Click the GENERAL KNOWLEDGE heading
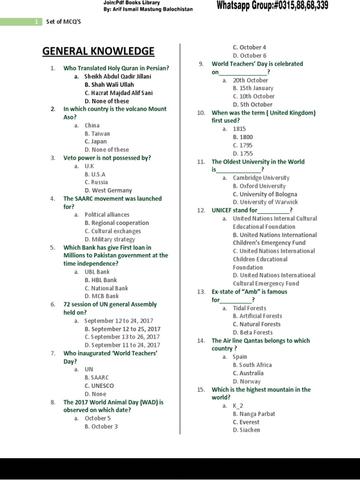(x=98, y=51)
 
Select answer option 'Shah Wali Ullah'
(x=109, y=84)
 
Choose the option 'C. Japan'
(x=96, y=142)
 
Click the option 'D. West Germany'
(x=108, y=190)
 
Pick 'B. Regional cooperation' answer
(x=117, y=223)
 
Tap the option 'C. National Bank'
(x=106, y=288)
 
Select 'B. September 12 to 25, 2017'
(x=122, y=329)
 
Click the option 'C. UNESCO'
(x=99, y=386)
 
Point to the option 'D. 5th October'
(x=253, y=105)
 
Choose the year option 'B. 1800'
(x=243, y=137)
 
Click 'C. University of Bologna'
(x=265, y=194)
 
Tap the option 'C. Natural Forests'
(x=257, y=324)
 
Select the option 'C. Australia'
(x=248, y=373)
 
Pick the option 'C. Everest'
(x=246, y=422)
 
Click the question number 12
(x=202, y=210)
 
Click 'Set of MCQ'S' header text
(x=64, y=22)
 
